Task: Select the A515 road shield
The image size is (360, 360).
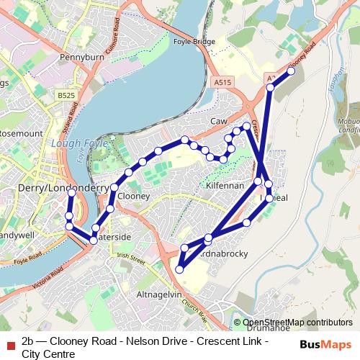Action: tap(222, 83)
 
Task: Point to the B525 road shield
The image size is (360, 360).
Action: tap(66, 95)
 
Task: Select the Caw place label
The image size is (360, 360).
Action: tap(218, 122)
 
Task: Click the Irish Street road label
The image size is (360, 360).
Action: tap(131, 257)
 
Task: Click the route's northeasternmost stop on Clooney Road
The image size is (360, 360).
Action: tap(291, 71)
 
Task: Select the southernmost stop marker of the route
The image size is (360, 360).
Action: tap(179, 269)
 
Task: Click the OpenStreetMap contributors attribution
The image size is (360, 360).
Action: tap(297, 323)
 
